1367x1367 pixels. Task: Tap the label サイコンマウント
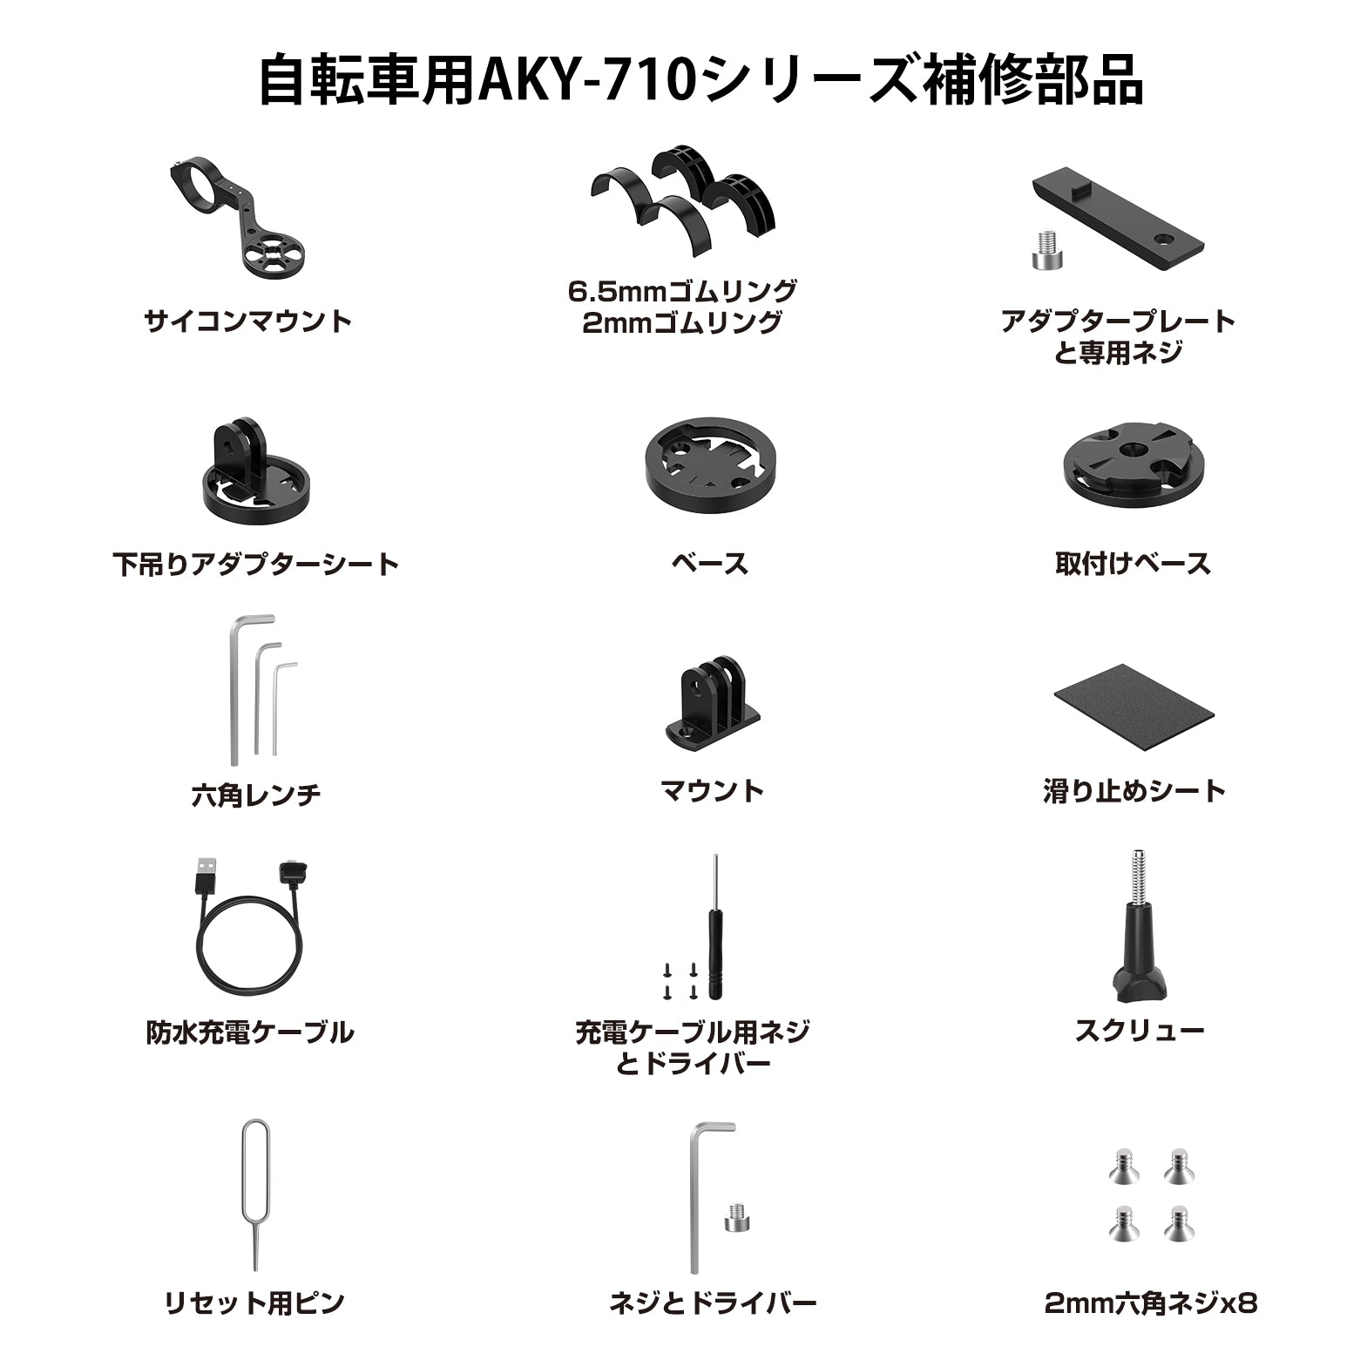(x=248, y=321)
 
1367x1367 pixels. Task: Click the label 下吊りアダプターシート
(x=255, y=564)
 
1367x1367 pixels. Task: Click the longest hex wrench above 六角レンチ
(x=236, y=697)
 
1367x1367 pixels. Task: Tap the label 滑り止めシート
(x=1134, y=791)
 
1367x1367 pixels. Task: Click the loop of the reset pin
(x=255, y=1150)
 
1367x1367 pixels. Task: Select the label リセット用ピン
(x=254, y=1303)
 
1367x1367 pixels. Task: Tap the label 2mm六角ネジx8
(x=1151, y=1303)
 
